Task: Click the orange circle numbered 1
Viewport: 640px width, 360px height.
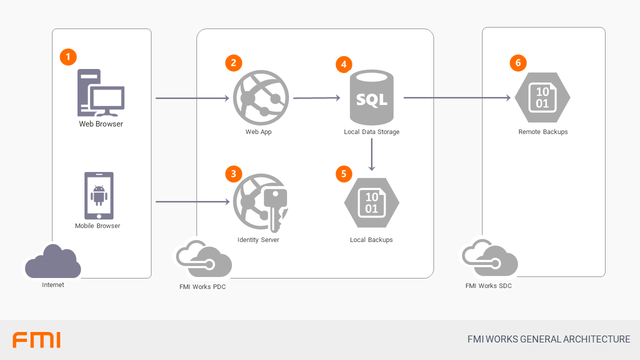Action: point(68,56)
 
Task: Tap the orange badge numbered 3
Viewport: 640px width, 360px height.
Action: point(233,173)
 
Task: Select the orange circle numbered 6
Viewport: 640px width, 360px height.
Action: point(518,62)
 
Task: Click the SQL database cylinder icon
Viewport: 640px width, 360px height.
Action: point(371,97)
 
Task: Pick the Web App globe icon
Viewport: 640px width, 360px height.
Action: point(261,97)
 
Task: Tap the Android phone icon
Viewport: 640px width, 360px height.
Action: point(99,195)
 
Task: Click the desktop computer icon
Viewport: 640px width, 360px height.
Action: point(100,93)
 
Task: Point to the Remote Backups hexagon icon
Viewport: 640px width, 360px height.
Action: point(542,97)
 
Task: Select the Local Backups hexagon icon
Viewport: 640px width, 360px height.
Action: point(371,202)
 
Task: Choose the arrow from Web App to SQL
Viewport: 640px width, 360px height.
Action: point(316,98)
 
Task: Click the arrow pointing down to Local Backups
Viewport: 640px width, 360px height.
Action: point(371,155)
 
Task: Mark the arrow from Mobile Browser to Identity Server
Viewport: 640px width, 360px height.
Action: point(192,202)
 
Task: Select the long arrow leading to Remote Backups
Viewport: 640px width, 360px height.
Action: point(457,98)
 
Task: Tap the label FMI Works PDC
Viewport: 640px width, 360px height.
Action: point(202,287)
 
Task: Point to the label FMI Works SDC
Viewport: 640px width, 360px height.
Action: point(488,286)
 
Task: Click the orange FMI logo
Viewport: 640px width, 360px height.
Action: point(36,340)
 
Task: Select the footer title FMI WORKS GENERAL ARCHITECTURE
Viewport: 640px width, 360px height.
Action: point(548,339)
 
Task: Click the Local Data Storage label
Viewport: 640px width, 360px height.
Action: point(371,132)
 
